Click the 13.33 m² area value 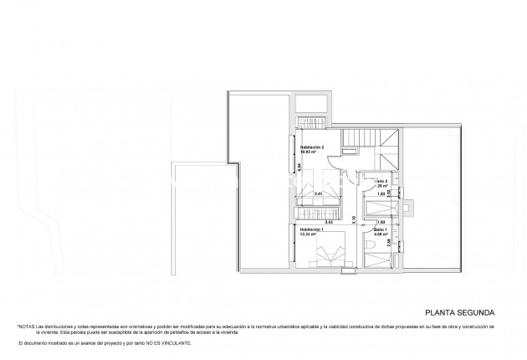(x=309, y=234)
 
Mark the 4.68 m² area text (x=381, y=234)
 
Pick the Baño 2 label (x=381, y=181)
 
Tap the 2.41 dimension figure (x=319, y=194)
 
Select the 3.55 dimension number (x=330, y=222)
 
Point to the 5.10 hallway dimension (x=354, y=219)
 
